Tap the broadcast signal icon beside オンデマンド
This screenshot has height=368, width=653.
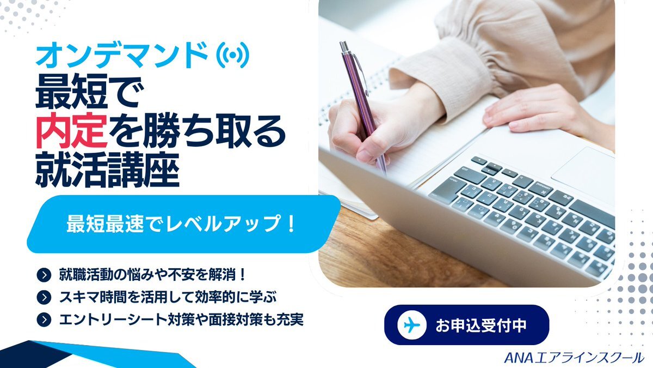[x=232, y=55]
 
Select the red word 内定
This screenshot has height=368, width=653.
[x=72, y=130]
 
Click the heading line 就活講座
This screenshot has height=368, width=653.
[x=107, y=171]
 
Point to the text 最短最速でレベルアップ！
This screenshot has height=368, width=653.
[x=181, y=224]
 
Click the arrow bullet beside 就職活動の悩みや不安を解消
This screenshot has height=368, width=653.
[x=44, y=275]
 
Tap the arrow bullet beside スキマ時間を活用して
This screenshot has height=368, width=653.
[x=44, y=297]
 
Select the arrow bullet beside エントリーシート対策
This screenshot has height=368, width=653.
[x=44, y=319]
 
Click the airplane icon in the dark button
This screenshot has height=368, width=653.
[x=412, y=325]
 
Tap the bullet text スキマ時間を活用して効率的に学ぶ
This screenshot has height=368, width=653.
[x=168, y=297]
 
